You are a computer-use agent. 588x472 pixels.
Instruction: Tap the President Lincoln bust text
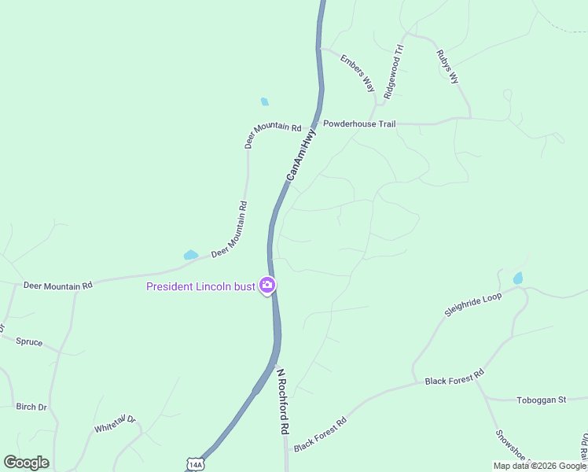[200, 286]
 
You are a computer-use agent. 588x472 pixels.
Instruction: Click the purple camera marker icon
[267, 286]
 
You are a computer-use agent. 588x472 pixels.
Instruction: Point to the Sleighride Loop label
[472, 304]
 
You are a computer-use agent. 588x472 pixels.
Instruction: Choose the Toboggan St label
[541, 400]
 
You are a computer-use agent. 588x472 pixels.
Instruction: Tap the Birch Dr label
[31, 407]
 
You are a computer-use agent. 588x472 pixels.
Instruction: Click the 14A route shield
[195, 464]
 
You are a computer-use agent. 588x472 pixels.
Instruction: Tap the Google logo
[26, 463]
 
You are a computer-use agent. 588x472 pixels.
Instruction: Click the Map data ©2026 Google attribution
[539, 466]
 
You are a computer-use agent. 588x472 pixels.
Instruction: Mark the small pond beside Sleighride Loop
[517, 278]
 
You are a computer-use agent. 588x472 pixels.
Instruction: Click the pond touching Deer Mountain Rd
[190, 255]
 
